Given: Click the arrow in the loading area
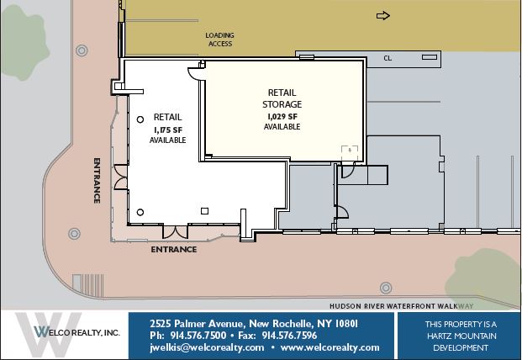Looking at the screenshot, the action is pyautogui.click(x=382, y=16).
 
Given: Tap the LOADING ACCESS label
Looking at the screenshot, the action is pyautogui.click(x=219, y=40).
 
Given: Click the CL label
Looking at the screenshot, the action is pyautogui.click(x=388, y=58).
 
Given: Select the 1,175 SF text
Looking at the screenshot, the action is pyautogui.click(x=168, y=130).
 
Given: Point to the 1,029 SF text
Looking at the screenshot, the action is pyautogui.click(x=282, y=117).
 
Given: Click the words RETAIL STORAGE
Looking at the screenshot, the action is pyautogui.click(x=282, y=98).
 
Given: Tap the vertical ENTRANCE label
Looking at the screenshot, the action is pyautogui.click(x=97, y=181).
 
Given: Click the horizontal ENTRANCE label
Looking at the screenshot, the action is pyautogui.click(x=174, y=250).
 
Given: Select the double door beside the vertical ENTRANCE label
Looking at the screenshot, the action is pyautogui.click(x=120, y=177).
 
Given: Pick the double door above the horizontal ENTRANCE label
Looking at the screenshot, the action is pyautogui.click(x=175, y=232).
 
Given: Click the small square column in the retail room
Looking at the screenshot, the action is pyautogui.click(x=205, y=211).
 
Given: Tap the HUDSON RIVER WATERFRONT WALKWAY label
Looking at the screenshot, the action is pyautogui.click(x=402, y=306).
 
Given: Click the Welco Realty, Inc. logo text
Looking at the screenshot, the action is pyautogui.click(x=76, y=332).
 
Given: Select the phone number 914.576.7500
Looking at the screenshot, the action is pyautogui.click(x=198, y=336).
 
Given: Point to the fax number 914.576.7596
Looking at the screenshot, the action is pyautogui.click(x=289, y=336).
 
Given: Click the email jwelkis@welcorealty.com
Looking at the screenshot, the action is pyautogui.click(x=207, y=347).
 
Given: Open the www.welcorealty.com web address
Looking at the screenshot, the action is pyautogui.click(x=330, y=347).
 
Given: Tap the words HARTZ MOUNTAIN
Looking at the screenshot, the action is pyautogui.click(x=461, y=336).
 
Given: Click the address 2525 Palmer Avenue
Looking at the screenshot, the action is pyautogui.click(x=198, y=323).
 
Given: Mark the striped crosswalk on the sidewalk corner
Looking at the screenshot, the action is pyautogui.click(x=88, y=285).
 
